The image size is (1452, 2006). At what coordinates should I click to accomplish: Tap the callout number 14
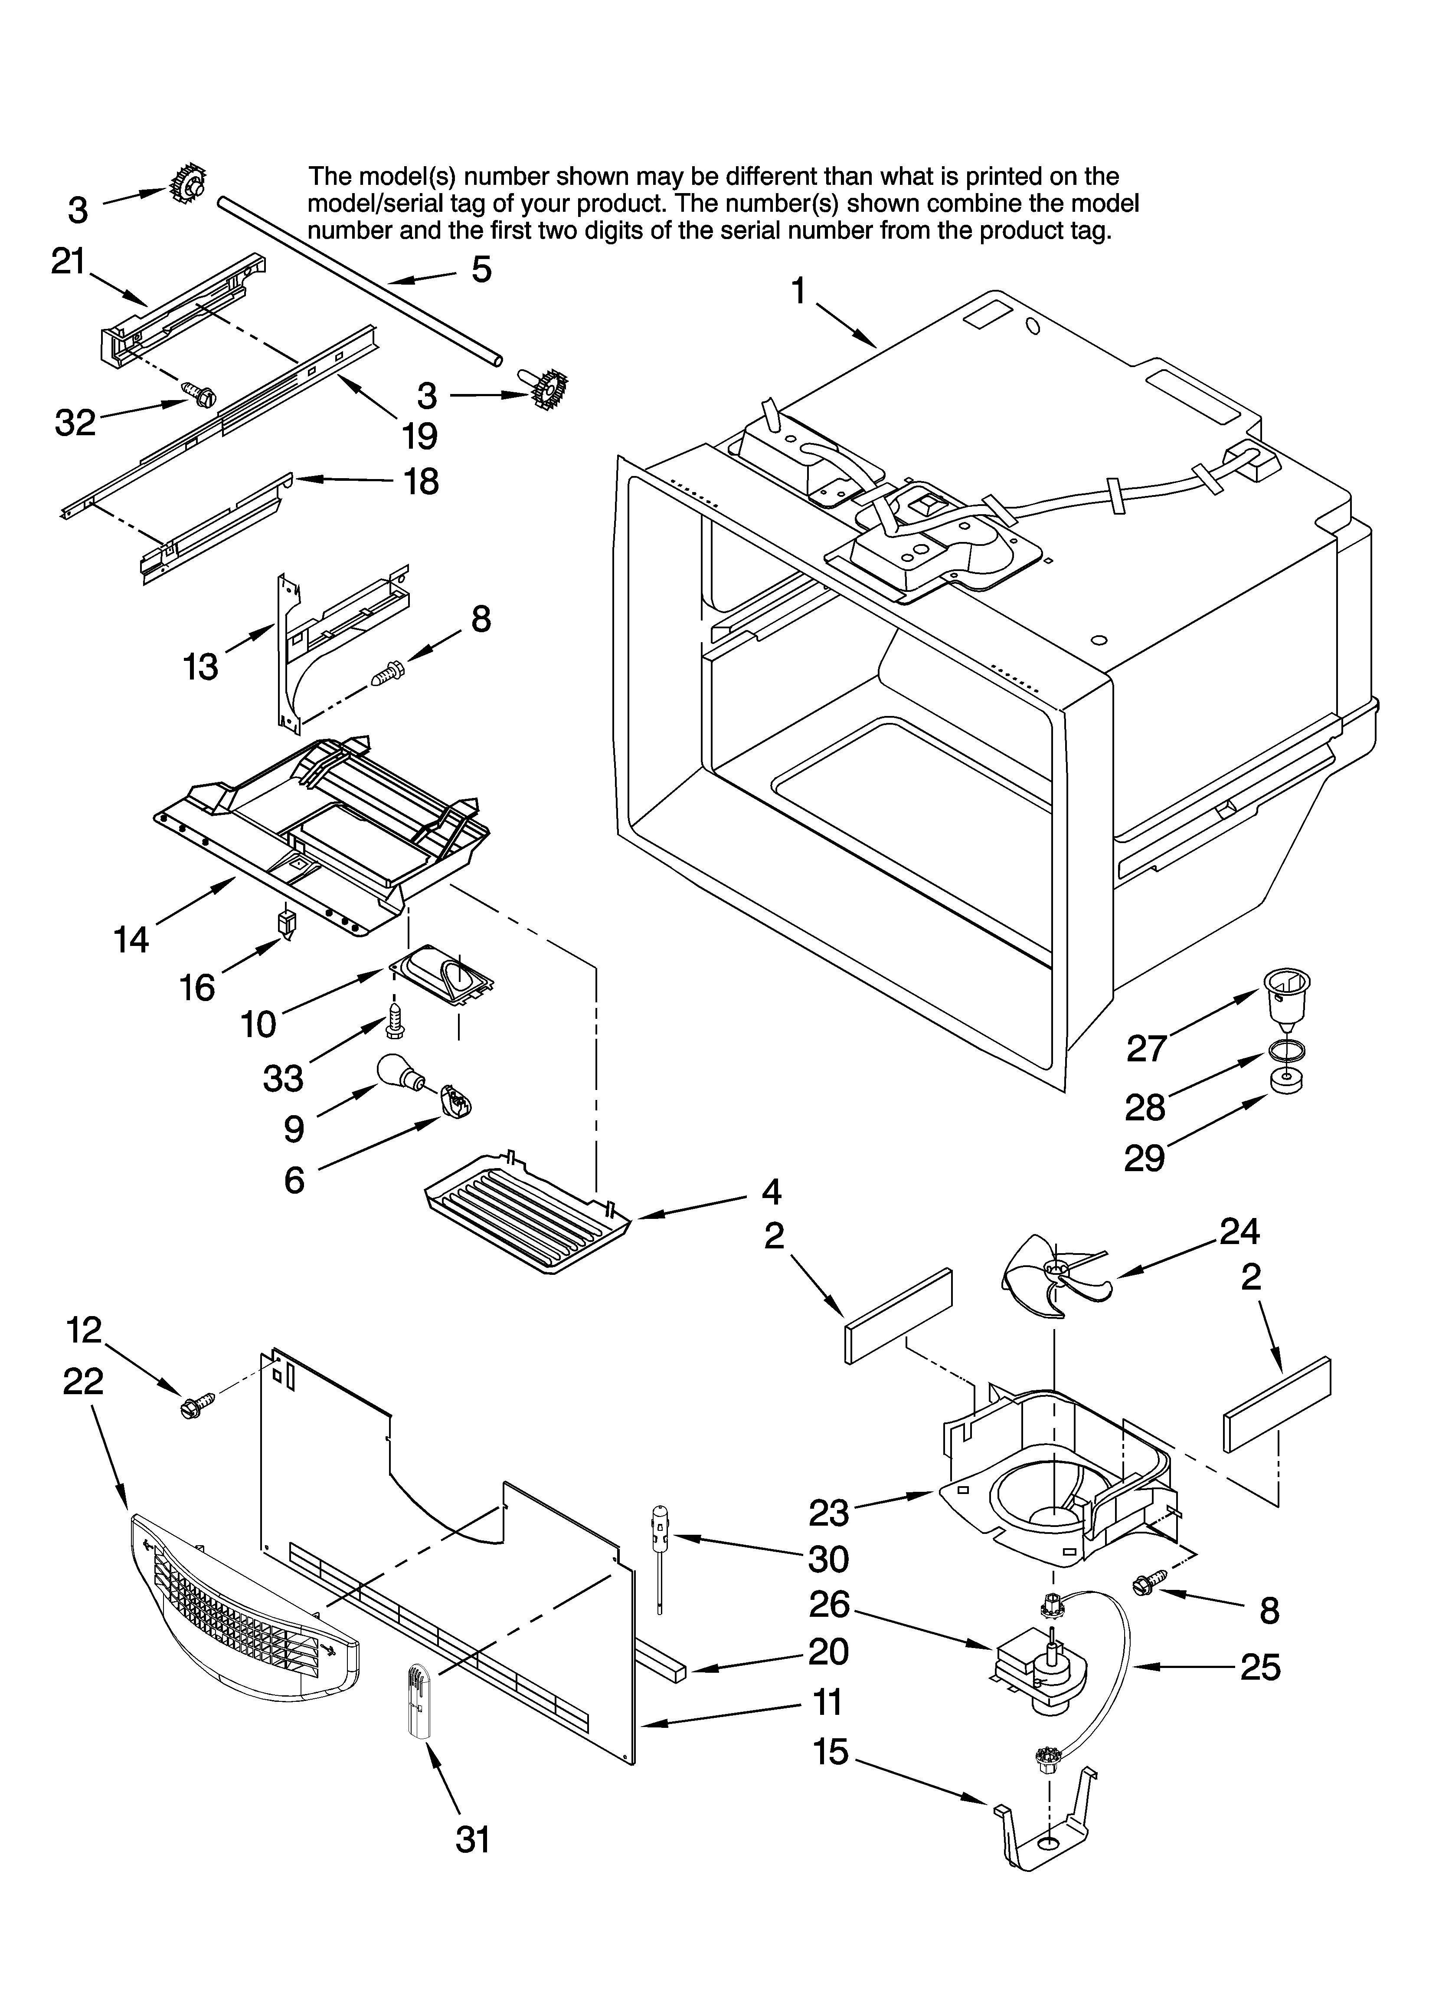point(131,939)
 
